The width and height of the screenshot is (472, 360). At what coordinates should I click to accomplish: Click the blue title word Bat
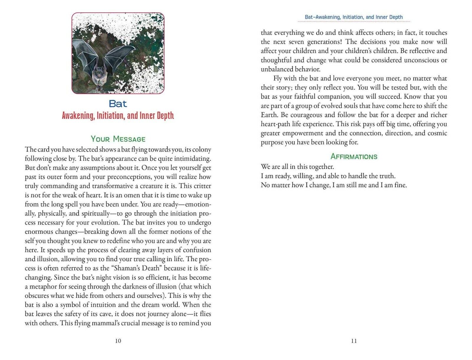pos(118,104)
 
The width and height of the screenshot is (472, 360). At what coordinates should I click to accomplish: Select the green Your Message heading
pos(118,139)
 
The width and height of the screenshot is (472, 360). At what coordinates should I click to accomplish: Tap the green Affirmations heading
pos(354,156)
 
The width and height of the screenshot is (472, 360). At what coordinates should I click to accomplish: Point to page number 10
pos(118,341)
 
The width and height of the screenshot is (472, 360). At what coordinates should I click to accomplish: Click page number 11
pos(354,341)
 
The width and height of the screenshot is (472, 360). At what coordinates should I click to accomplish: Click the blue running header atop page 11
pos(354,17)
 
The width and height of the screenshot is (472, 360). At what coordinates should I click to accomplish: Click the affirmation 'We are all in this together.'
pos(297,167)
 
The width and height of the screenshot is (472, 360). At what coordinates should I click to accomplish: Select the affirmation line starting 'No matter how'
pos(334,185)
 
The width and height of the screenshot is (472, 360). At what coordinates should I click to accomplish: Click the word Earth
pos(268,115)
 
